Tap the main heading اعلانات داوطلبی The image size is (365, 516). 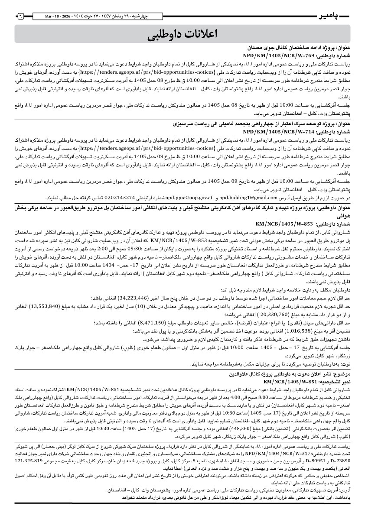182,34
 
